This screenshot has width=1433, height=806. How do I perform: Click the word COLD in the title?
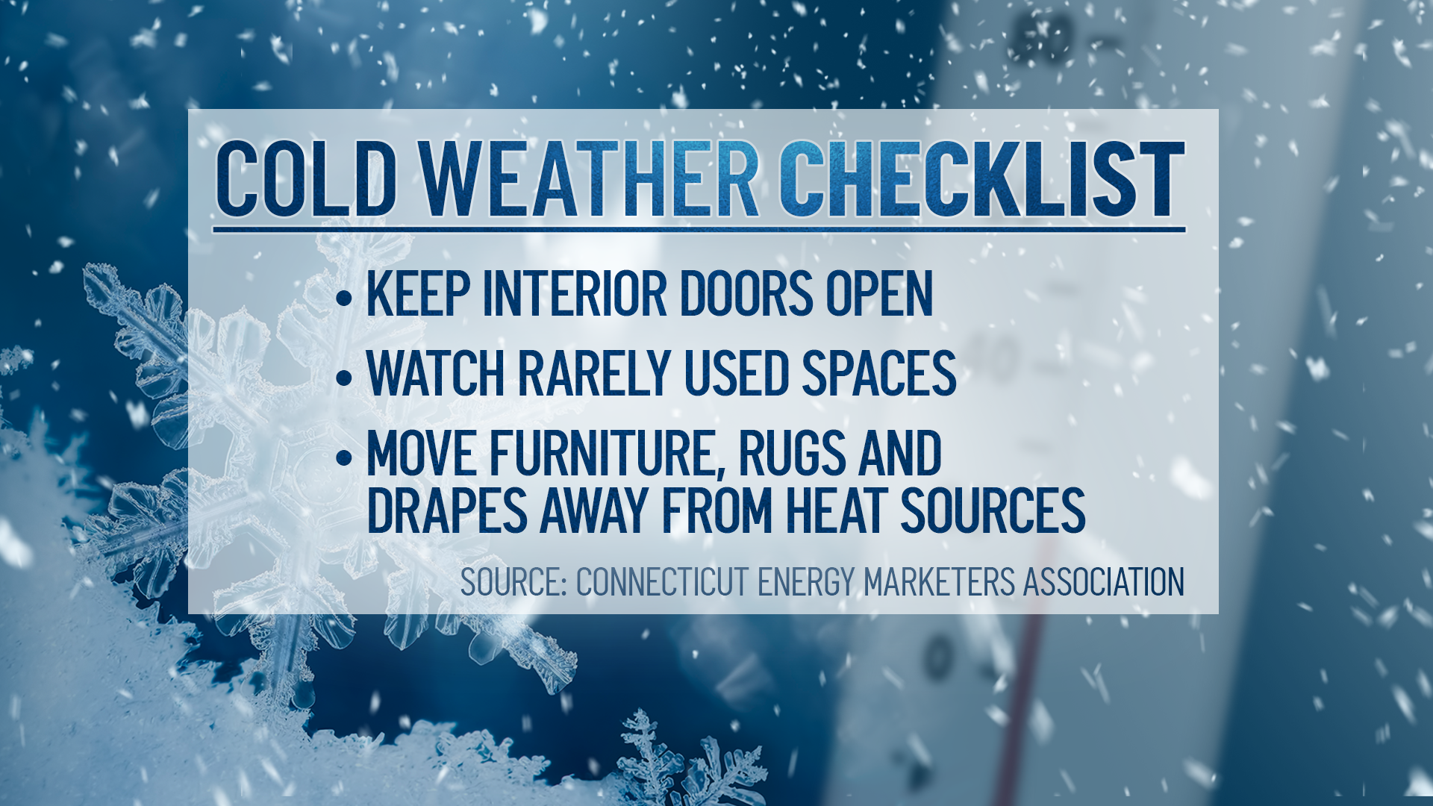[306, 179]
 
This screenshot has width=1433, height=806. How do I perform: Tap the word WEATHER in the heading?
[589, 179]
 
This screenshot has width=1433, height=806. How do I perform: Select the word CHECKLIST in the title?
[982, 179]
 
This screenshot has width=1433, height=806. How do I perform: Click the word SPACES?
[879, 373]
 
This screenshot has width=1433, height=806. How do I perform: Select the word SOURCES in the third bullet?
[993, 510]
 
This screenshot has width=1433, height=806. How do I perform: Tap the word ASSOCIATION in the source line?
[1104, 582]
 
